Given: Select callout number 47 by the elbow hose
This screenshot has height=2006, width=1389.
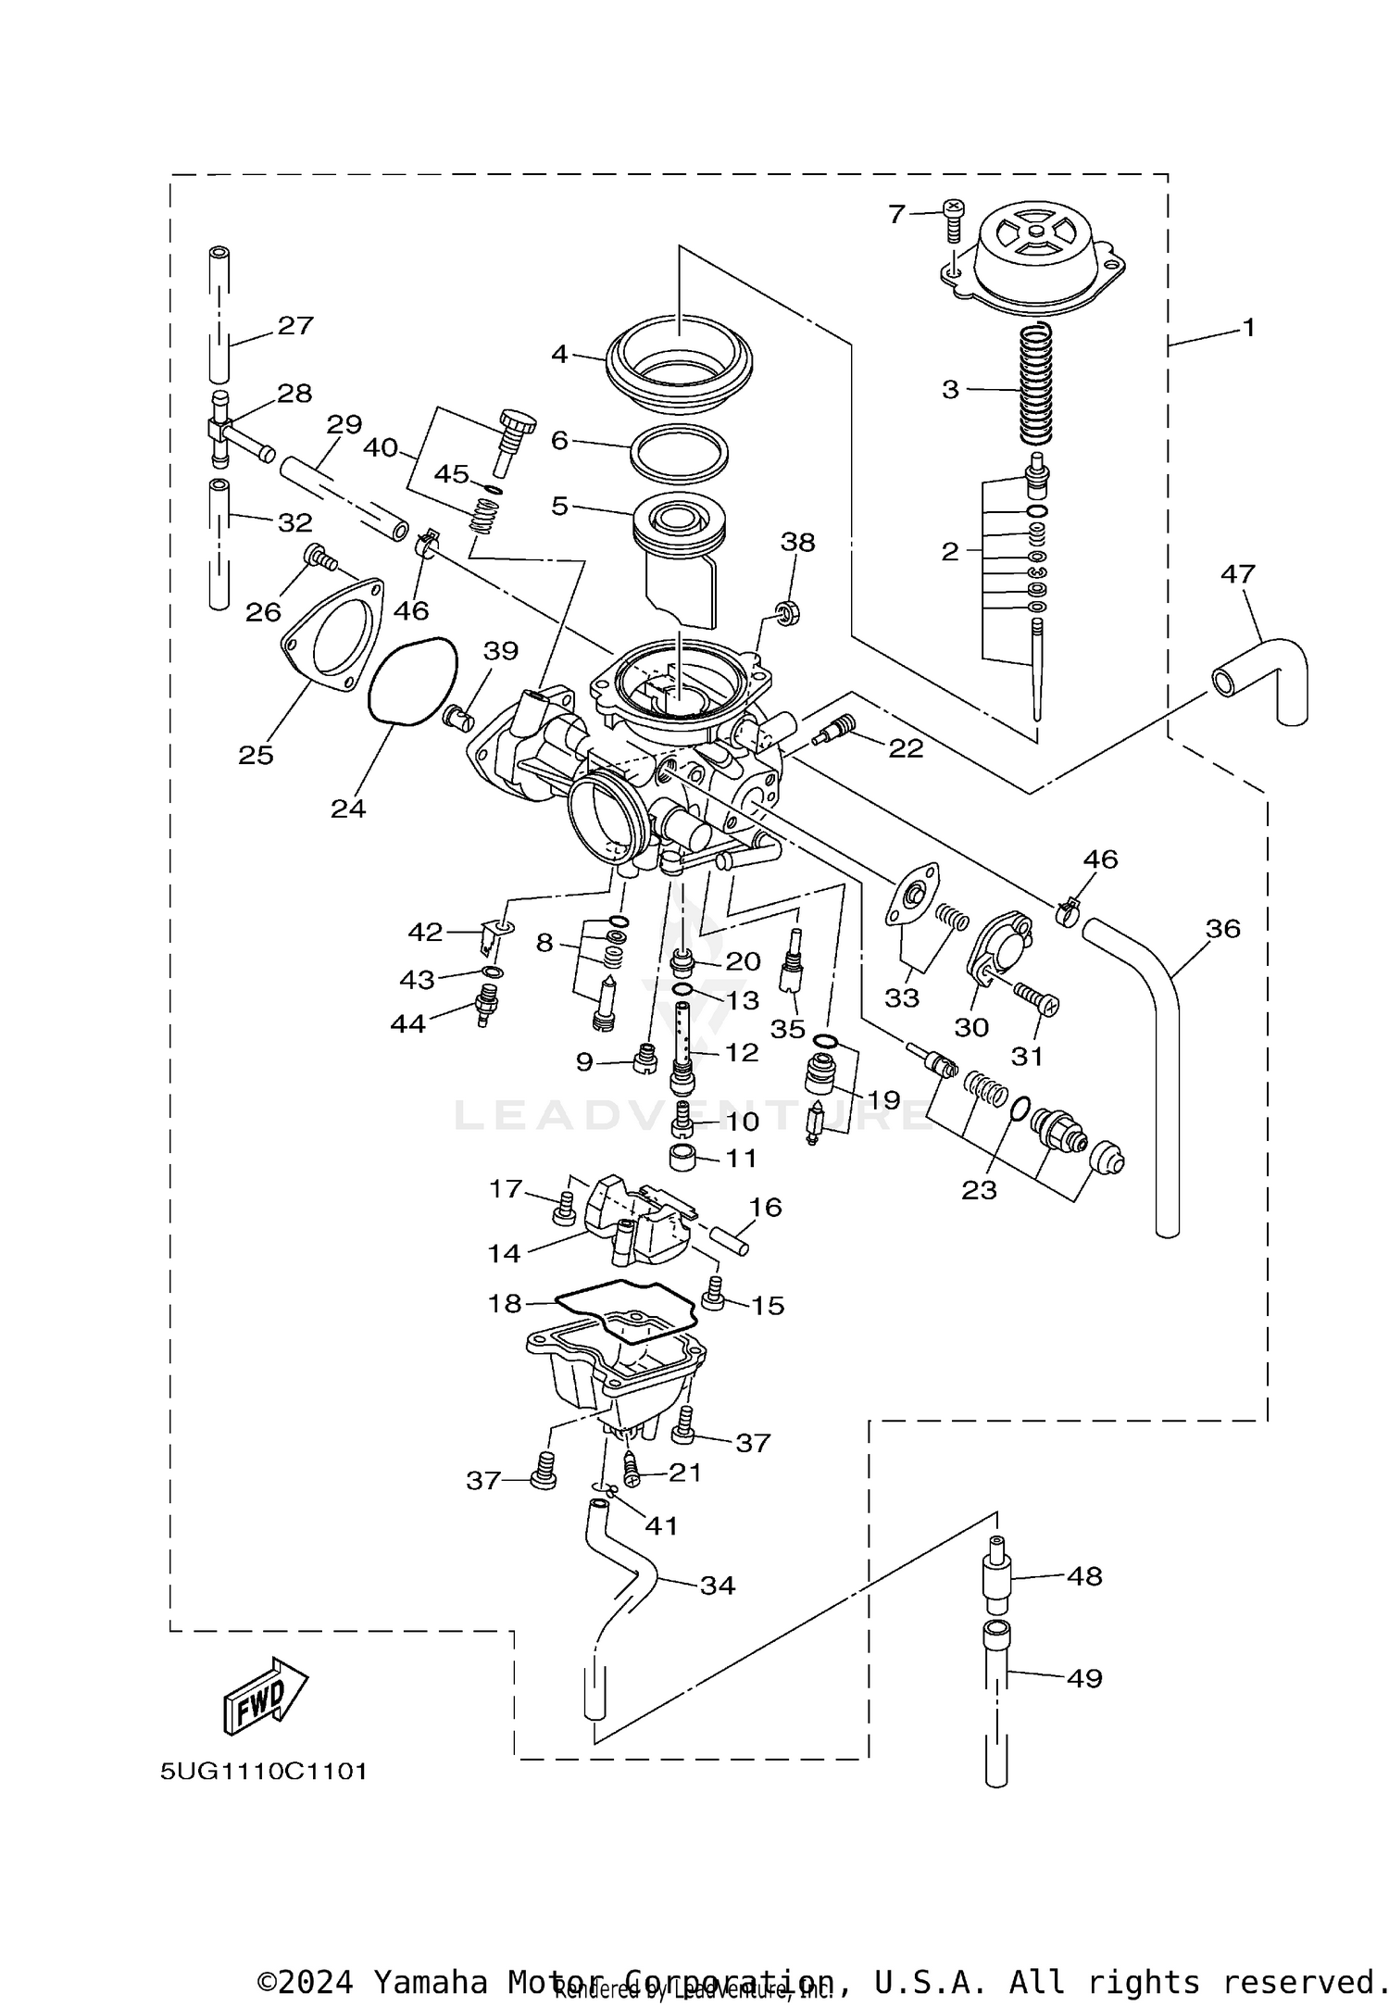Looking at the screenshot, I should coord(1237,574).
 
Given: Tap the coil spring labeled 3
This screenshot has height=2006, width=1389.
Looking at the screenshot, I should coord(1036,383).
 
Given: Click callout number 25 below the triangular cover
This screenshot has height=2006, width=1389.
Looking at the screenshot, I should coord(256,755).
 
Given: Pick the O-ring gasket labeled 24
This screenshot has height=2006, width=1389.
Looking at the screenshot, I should coord(414,681).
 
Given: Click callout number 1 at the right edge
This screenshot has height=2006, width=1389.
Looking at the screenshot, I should coord(1247,328).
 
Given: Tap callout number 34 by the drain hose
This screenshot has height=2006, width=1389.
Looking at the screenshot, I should coord(717,1586).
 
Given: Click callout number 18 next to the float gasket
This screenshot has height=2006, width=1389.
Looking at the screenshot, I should coord(506,1303).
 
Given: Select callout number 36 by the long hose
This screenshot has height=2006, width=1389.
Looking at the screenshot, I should coord(1222,928).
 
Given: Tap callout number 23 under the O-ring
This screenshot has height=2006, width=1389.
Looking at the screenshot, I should coord(979,1190).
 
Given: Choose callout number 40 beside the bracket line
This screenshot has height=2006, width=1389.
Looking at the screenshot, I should coord(380,447).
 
